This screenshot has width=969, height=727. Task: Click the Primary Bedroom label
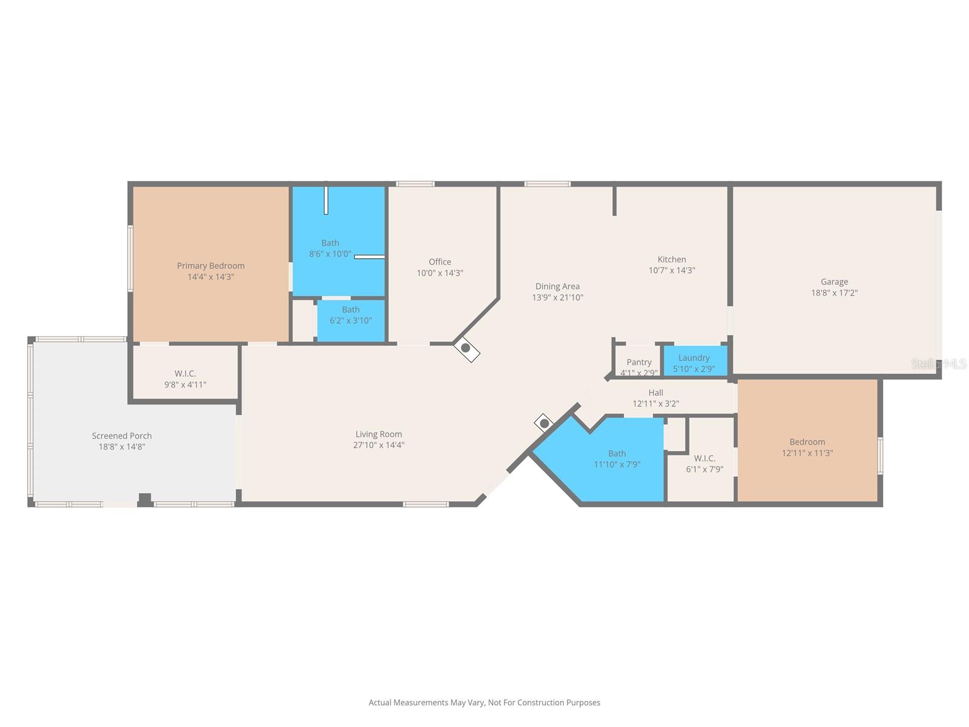click(211, 266)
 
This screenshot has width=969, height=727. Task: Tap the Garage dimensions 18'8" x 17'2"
click(834, 293)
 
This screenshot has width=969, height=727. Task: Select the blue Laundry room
click(694, 362)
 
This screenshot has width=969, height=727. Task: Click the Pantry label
click(639, 362)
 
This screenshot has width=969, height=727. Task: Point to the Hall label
click(655, 393)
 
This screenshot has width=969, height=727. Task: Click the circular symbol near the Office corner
click(466, 348)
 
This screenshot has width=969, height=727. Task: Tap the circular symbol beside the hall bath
click(544, 423)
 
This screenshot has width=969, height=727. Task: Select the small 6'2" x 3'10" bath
click(351, 320)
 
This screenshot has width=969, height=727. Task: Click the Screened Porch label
click(122, 436)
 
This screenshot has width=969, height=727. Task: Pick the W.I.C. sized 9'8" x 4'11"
click(185, 379)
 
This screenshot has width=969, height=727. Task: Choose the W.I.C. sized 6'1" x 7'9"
click(704, 463)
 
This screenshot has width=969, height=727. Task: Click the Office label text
click(440, 262)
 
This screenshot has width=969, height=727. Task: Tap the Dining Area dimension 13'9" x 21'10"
click(557, 297)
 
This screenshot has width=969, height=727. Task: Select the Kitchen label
click(672, 259)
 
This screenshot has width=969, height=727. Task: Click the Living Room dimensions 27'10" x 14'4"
click(379, 445)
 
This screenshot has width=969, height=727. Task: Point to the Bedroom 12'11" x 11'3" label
click(807, 447)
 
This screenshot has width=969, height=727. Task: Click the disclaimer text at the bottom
click(484, 703)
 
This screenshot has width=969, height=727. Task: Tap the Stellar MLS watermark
click(938, 364)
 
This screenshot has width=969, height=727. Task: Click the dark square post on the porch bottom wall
click(145, 499)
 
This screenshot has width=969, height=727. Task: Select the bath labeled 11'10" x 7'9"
click(617, 459)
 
